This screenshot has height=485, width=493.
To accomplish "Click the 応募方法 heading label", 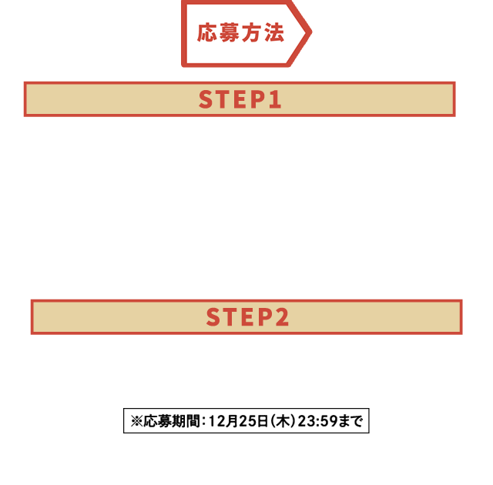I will tap(240, 32).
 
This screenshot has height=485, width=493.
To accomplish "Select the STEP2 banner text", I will tap(247, 318).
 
